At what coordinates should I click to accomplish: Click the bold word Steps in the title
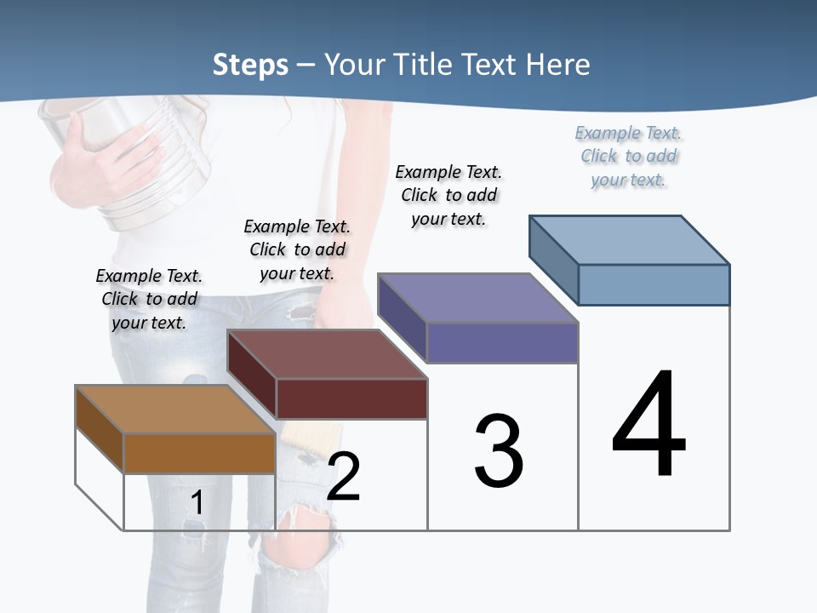[x=250, y=65]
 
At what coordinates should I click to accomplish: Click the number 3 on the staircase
[x=499, y=451]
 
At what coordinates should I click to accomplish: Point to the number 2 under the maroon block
[x=343, y=477]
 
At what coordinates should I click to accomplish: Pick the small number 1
[x=197, y=503]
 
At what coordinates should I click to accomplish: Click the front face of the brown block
[x=199, y=453]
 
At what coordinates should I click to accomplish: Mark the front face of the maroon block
[x=351, y=398]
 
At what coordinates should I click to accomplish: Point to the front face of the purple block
[x=502, y=342]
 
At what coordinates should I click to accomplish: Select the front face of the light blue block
[x=654, y=284]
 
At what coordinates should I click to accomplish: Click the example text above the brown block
[x=149, y=299]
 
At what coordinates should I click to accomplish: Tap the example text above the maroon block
[x=297, y=249]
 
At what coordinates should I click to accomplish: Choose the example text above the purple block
[x=448, y=195]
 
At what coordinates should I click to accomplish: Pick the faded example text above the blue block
[x=628, y=156]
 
